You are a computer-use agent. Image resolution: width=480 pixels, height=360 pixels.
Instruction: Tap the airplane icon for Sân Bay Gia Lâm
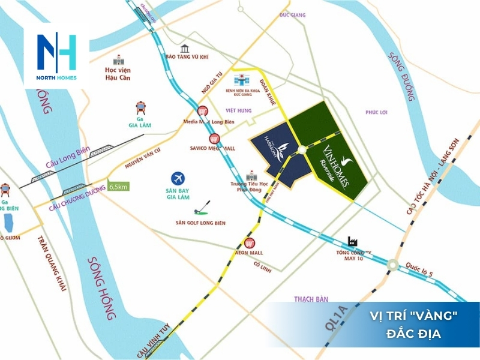click(178, 178)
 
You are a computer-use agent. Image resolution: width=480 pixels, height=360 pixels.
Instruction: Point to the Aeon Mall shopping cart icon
click(250, 243)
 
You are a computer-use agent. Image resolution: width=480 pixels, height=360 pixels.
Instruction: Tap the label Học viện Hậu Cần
click(113, 73)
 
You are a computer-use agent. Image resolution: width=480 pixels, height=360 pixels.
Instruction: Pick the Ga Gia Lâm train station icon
click(142, 107)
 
